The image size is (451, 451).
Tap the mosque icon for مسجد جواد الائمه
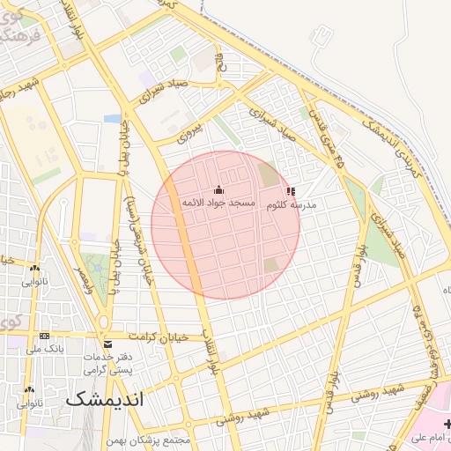tap(218, 190)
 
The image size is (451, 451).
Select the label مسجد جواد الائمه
tap(218, 203)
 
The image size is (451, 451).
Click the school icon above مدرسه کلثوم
tap(291, 191)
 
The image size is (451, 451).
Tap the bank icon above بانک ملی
tap(44, 336)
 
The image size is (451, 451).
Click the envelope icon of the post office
tap(107, 344)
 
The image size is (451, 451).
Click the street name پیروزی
tap(189, 133)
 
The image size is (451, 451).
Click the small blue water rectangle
tap(113, 118)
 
